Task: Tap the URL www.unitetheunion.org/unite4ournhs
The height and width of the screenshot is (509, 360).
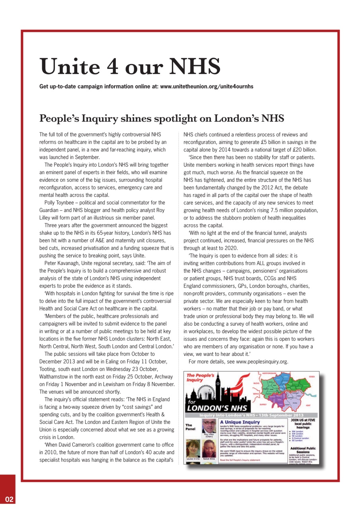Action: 206,86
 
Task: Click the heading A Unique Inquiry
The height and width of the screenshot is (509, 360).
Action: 240,422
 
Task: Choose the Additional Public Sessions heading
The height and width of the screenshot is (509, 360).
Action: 303,450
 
